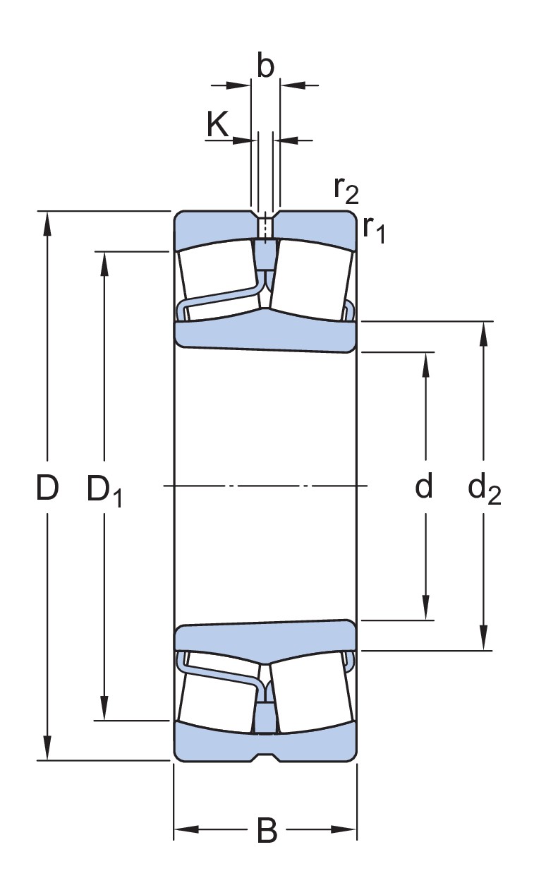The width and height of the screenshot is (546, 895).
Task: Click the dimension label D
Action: (x=47, y=488)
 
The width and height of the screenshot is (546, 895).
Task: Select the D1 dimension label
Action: (x=104, y=490)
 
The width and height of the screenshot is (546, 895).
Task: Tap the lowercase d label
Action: (x=423, y=486)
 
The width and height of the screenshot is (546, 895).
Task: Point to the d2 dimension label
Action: (x=484, y=488)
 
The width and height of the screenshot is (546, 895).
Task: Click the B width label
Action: (x=267, y=831)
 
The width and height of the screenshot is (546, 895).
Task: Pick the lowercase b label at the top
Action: (x=265, y=66)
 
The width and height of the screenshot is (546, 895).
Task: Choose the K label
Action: (x=218, y=125)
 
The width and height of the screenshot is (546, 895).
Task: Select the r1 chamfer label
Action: (x=374, y=229)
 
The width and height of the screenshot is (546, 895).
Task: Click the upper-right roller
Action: (x=312, y=275)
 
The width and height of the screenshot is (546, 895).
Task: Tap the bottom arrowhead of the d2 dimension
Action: (x=483, y=639)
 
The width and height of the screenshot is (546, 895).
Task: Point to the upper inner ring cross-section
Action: (x=265, y=331)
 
